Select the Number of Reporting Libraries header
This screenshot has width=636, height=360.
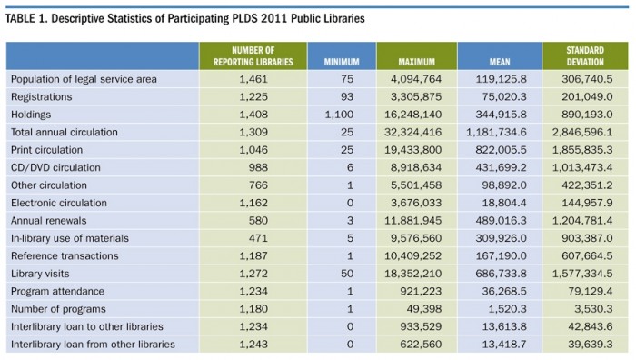tap(260, 55)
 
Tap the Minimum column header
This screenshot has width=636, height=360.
tap(342, 61)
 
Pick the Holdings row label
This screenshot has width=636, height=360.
tap(33, 115)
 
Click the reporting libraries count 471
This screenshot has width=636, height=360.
tap(278, 238)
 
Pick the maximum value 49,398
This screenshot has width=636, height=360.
tap(426, 309)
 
